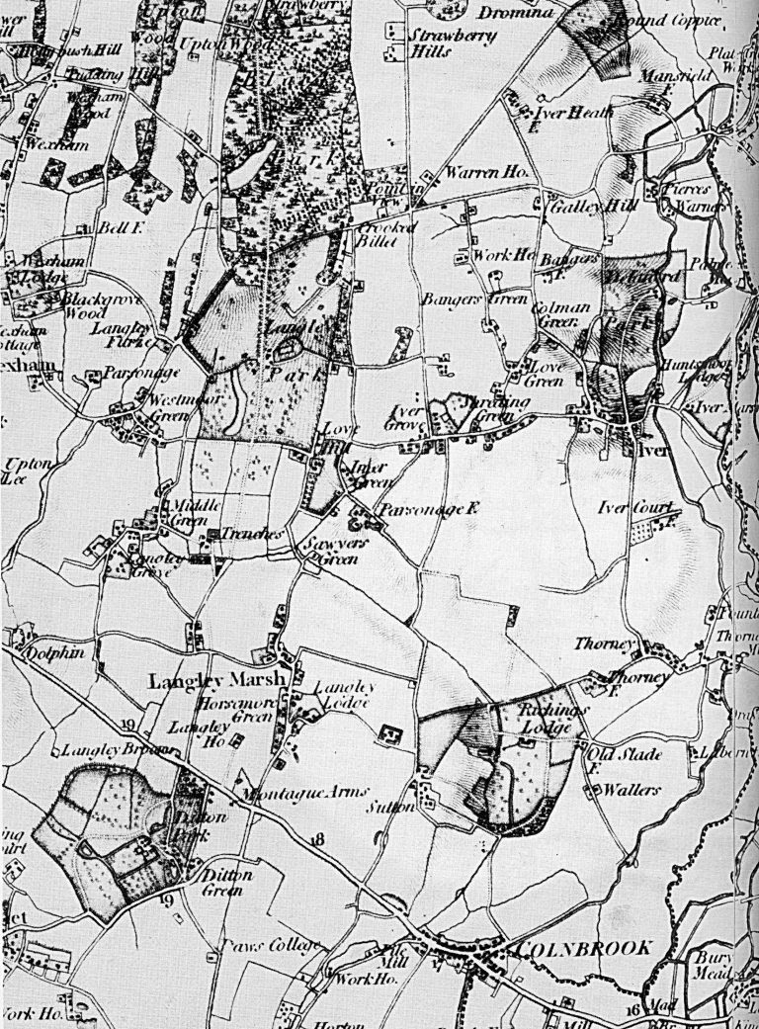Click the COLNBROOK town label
584,948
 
